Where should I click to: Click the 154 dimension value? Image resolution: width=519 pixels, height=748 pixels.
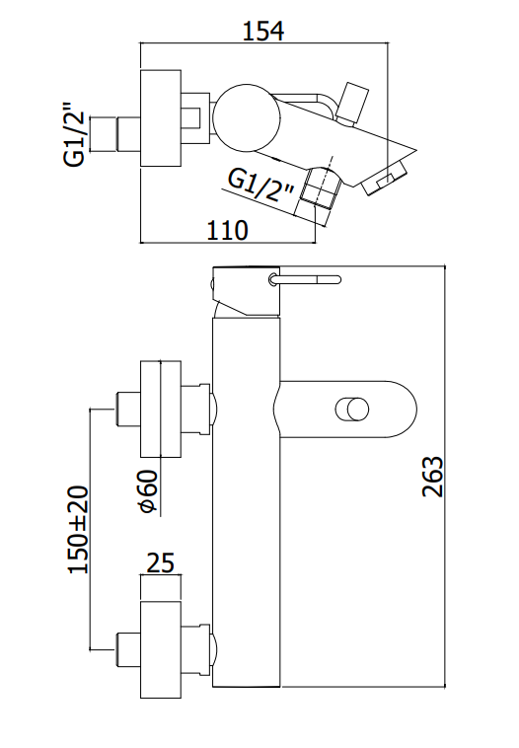263,31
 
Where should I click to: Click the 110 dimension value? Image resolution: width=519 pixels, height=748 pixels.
227,230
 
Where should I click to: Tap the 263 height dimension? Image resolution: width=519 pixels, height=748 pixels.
433,477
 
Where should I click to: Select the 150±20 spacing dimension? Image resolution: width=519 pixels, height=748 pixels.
79,529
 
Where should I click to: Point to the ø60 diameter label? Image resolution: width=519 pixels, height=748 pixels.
148,491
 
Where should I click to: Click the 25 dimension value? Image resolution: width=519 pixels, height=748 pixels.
160,562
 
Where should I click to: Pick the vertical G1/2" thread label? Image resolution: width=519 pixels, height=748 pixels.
74,132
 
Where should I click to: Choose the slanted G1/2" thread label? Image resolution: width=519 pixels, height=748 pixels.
260,187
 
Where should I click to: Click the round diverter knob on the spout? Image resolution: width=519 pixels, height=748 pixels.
352,410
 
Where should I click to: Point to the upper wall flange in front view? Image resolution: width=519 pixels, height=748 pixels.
161,409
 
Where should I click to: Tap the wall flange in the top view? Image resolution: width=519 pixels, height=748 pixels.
161,117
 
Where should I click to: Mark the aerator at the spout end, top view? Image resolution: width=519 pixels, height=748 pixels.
385,179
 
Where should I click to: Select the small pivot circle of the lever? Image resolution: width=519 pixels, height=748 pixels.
272,279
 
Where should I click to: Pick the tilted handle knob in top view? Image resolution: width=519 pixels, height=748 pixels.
352,104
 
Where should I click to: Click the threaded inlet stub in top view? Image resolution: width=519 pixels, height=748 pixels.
114,134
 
